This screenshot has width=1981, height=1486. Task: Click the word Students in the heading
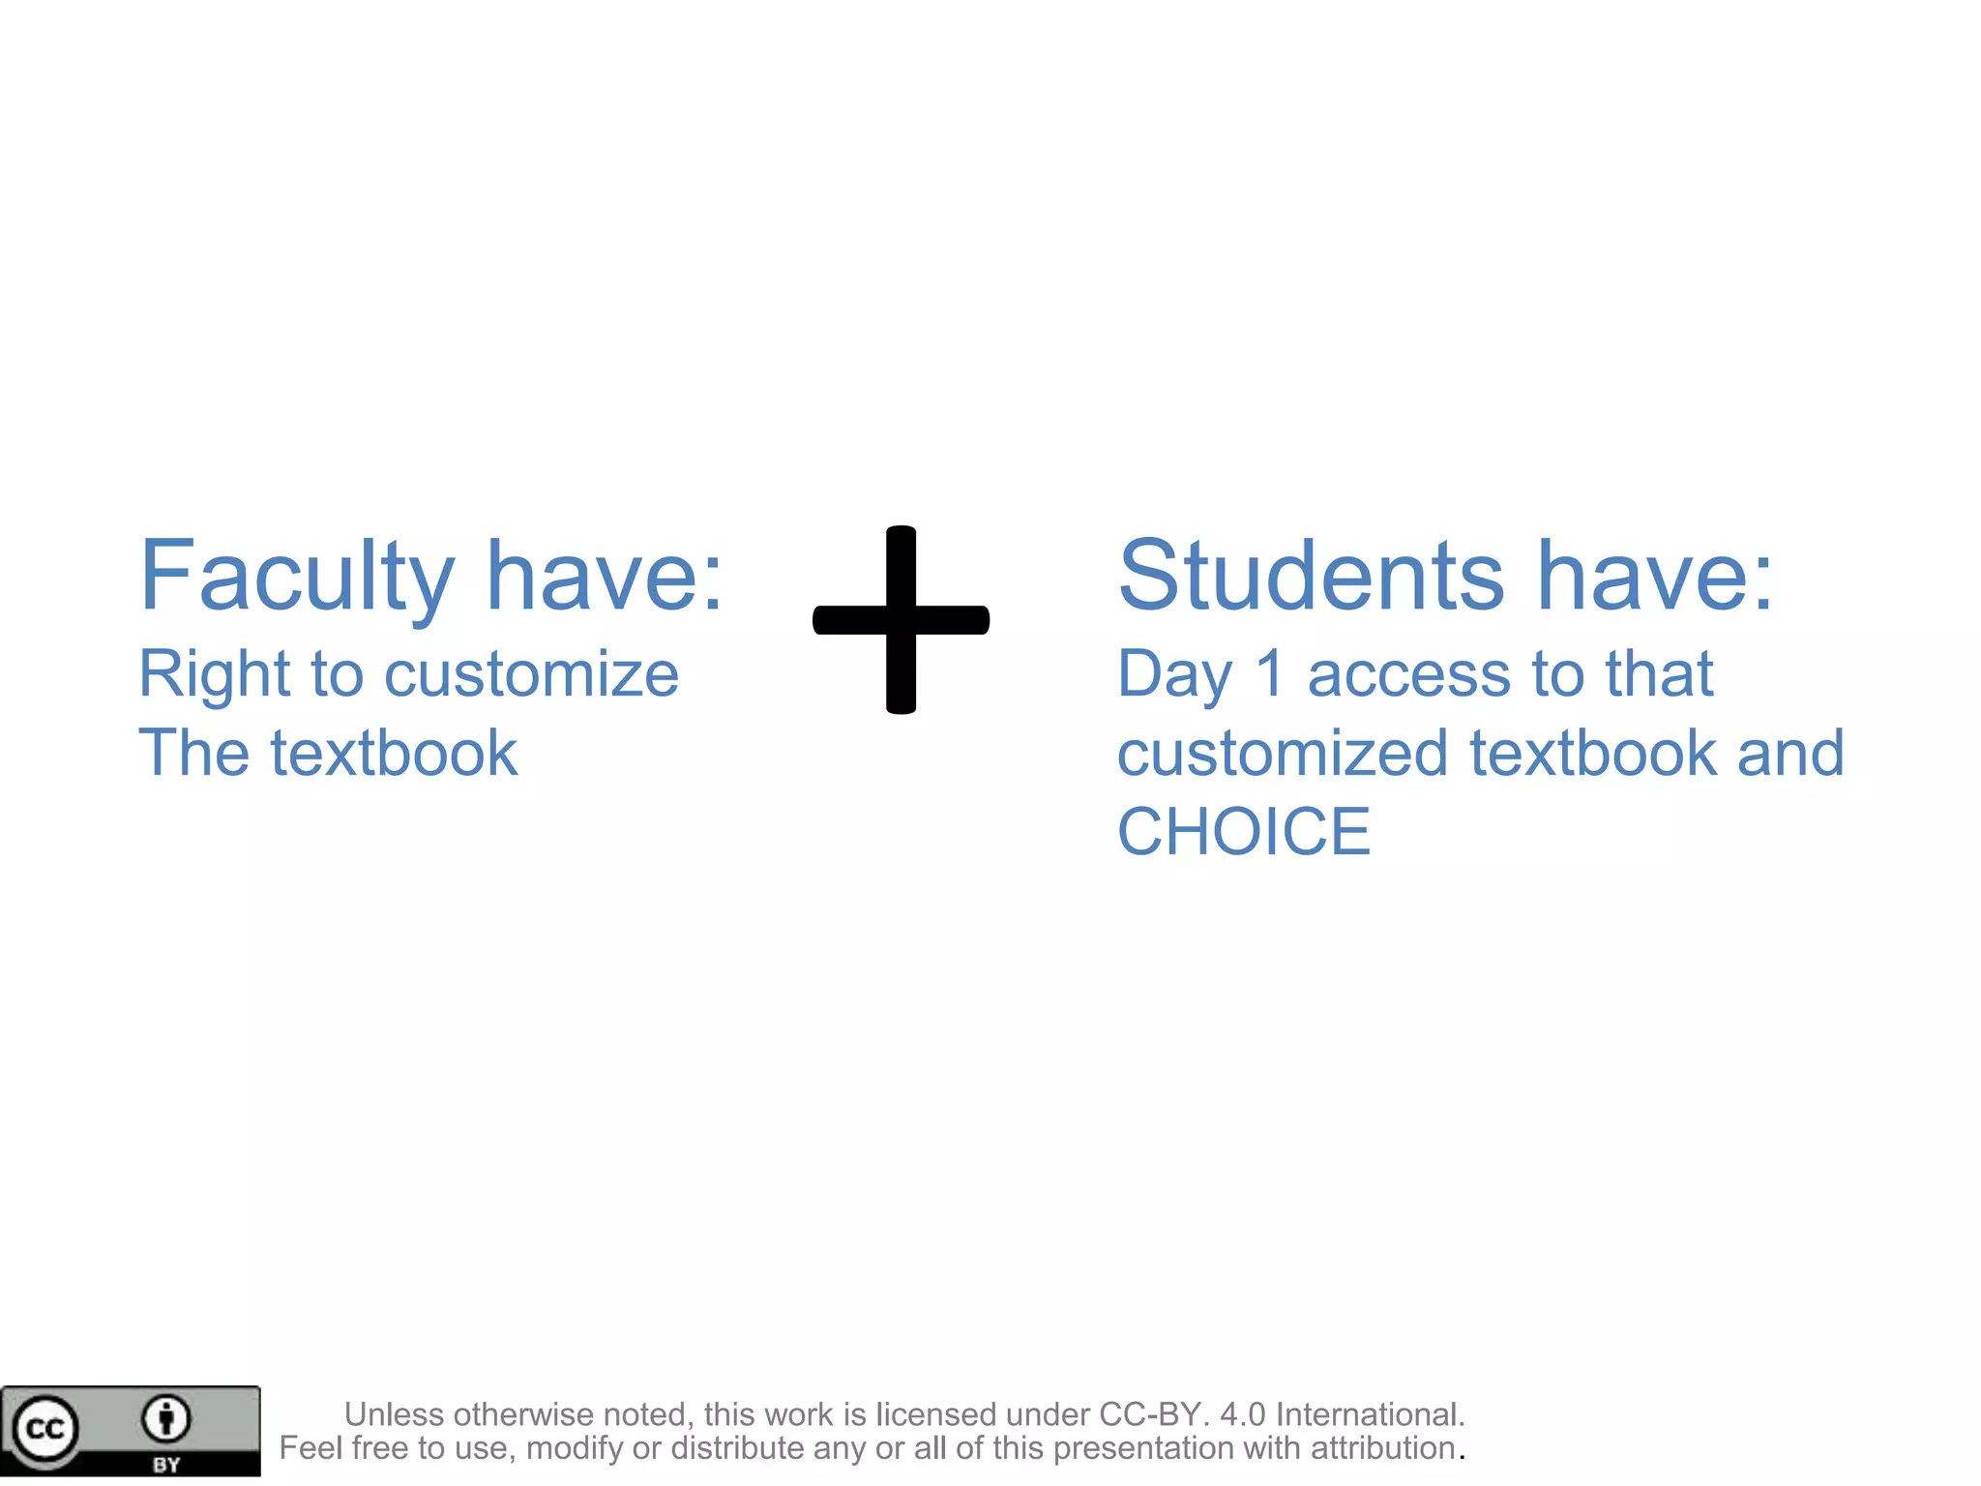click(x=1311, y=577)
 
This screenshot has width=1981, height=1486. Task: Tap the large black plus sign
click(x=901, y=620)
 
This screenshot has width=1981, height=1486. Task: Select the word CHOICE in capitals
click(x=1244, y=832)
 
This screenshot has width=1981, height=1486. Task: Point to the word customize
click(x=531, y=674)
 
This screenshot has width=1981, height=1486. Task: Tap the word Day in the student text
click(x=1174, y=674)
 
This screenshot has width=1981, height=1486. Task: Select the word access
click(x=1408, y=674)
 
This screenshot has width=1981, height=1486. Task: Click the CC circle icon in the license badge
click(x=44, y=1429)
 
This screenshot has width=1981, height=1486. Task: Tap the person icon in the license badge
click(x=166, y=1419)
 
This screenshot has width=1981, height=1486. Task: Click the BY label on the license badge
click(x=166, y=1465)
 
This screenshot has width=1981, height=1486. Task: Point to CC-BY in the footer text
click(x=1149, y=1414)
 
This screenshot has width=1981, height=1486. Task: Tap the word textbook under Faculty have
click(x=394, y=754)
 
